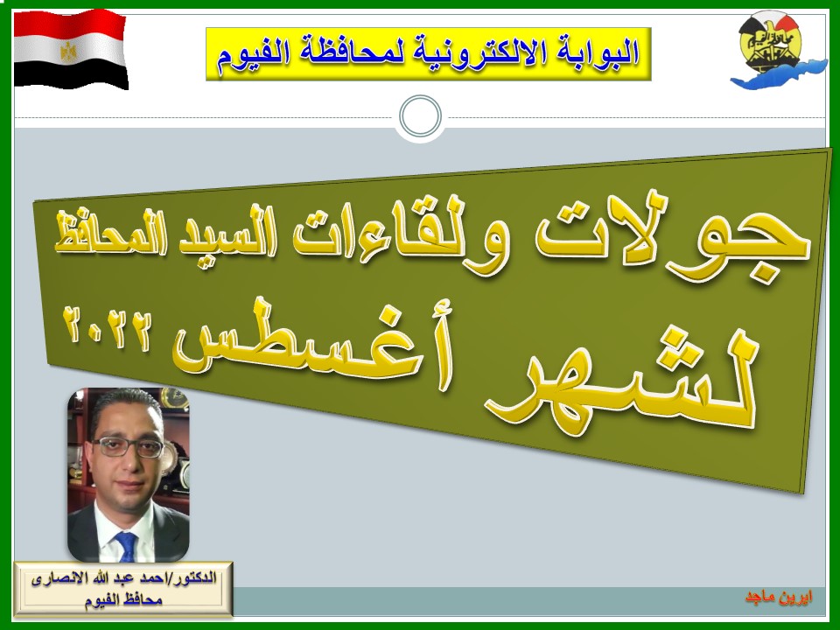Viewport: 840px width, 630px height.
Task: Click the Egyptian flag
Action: tap(71, 49)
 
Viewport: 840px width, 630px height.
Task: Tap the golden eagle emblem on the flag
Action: tap(68, 51)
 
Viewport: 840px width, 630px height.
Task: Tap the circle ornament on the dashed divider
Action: tap(420, 116)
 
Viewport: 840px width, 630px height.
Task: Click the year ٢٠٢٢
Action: tap(107, 325)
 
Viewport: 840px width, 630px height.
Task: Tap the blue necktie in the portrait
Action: tap(127, 546)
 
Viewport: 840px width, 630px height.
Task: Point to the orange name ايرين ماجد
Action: tap(779, 597)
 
